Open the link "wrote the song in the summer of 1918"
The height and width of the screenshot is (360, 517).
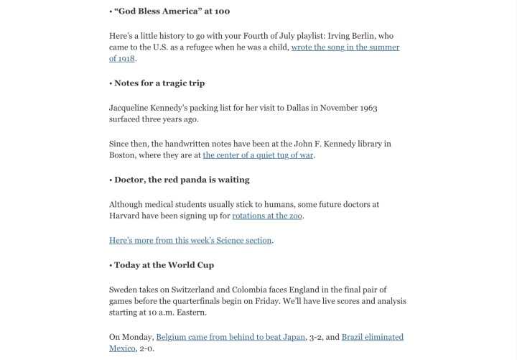point(345,47)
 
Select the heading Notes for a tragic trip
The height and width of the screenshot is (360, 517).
point(159,83)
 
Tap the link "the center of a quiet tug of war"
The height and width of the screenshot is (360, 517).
point(258,155)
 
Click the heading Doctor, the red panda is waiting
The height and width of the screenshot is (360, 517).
point(182,180)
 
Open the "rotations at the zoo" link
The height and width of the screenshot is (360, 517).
point(268,216)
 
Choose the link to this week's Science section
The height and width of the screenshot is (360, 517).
point(190,240)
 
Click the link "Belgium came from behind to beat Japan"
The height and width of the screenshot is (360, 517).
point(230,337)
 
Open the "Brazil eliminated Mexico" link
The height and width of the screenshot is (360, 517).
point(372,337)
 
